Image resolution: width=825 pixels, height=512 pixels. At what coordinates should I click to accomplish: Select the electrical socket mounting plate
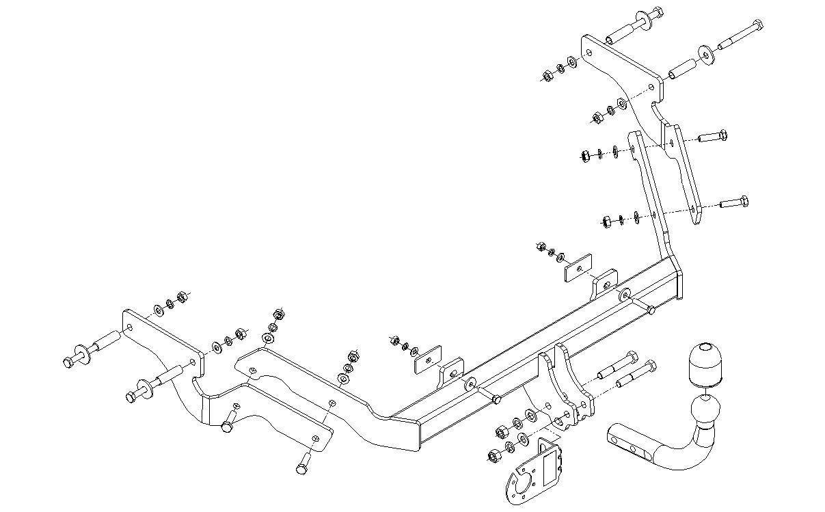click(x=537, y=471)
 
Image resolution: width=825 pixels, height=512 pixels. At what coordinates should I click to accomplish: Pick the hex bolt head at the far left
click(x=69, y=363)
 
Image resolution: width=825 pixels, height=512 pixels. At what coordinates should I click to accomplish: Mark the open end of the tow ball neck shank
click(x=612, y=435)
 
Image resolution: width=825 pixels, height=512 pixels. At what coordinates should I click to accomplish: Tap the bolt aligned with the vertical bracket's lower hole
click(x=734, y=202)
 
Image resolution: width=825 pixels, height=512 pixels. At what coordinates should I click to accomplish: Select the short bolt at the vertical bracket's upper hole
click(x=714, y=135)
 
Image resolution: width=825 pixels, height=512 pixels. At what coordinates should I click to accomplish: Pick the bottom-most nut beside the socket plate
click(x=492, y=456)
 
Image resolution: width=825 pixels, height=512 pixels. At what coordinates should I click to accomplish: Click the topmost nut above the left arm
click(x=278, y=314)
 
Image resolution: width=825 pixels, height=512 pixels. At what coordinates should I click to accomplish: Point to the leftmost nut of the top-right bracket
click(x=547, y=76)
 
